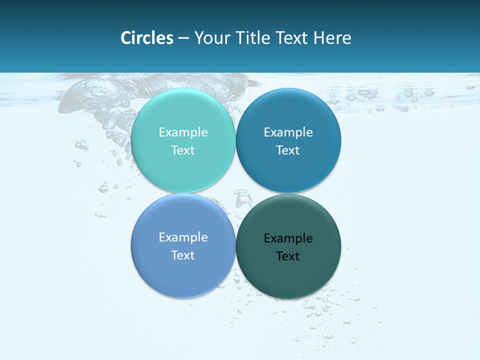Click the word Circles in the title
point(146,38)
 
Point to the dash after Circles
point(183,38)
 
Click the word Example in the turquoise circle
point(183,132)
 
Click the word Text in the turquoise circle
point(183,150)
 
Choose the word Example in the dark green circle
point(288,238)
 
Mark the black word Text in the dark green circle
point(288,256)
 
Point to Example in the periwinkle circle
point(183,237)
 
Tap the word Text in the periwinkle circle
point(183,255)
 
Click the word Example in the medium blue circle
point(288,132)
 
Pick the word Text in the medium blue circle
point(288,150)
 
